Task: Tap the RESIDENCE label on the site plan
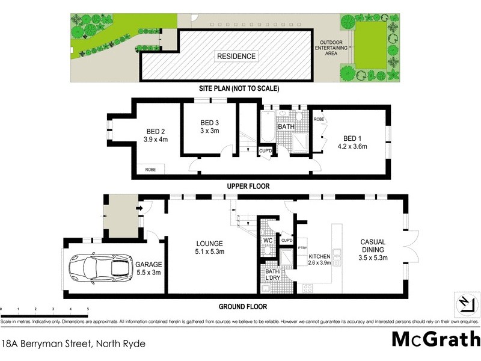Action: [236, 57]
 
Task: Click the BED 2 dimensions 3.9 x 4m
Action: [156, 140]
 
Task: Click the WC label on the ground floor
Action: [268, 241]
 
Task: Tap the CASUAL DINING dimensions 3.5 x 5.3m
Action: [373, 258]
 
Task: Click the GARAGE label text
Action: [148, 264]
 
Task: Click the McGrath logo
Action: [435, 339]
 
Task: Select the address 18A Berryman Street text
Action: [73, 344]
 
